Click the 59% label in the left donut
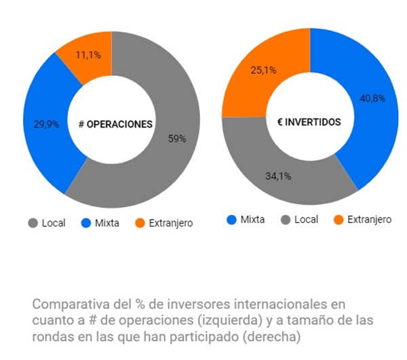pos(177,139)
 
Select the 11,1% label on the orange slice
pos(88,54)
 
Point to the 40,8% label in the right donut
pos(372,98)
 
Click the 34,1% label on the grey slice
pos(278,176)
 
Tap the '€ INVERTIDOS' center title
pos(310,122)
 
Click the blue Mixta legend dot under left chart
pos(85,223)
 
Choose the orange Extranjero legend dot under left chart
pos(140,223)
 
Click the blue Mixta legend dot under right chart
pos(231,219)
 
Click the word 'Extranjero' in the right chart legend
pos(369,220)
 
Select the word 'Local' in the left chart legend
pos(54,223)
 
